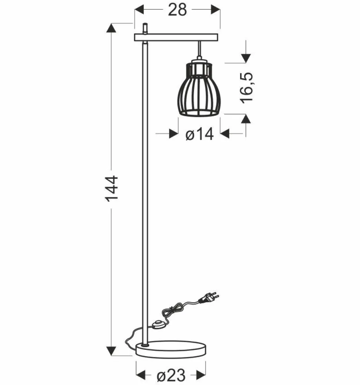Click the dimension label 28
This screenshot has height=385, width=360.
[177, 10]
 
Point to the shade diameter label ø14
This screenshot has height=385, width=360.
[199, 134]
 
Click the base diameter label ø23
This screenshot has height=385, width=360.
[170, 376]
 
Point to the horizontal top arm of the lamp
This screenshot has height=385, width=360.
[177, 37]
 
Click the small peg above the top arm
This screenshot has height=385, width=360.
[145, 28]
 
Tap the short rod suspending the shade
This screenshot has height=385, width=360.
[200, 49]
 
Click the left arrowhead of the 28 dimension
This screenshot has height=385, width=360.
[138, 10]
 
